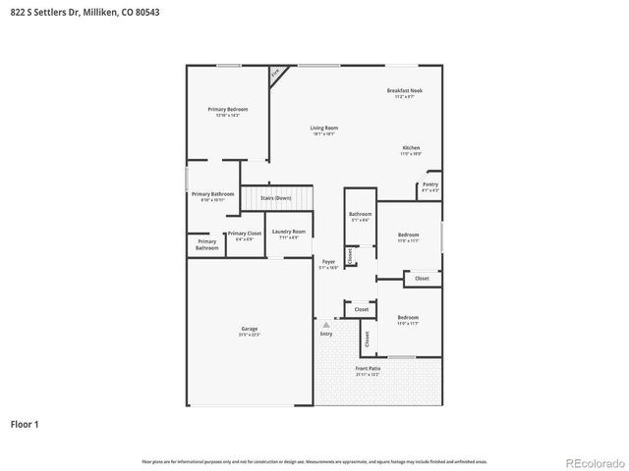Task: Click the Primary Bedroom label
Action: (227, 108)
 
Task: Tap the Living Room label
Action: (323, 128)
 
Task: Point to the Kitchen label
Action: (410, 148)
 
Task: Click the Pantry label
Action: (429, 184)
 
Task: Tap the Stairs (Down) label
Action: (275, 198)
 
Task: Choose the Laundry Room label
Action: (288, 232)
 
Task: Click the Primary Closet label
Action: (241, 234)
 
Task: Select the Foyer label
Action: (329, 261)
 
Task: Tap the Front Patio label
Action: (368, 369)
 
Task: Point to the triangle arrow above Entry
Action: (326, 324)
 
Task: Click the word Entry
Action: (326, 334)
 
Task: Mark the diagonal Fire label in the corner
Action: (275, 73)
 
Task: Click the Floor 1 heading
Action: (25, 425)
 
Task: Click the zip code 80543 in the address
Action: (147, 11)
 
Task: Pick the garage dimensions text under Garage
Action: (250, 335)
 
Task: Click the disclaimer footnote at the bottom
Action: (314, 460)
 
